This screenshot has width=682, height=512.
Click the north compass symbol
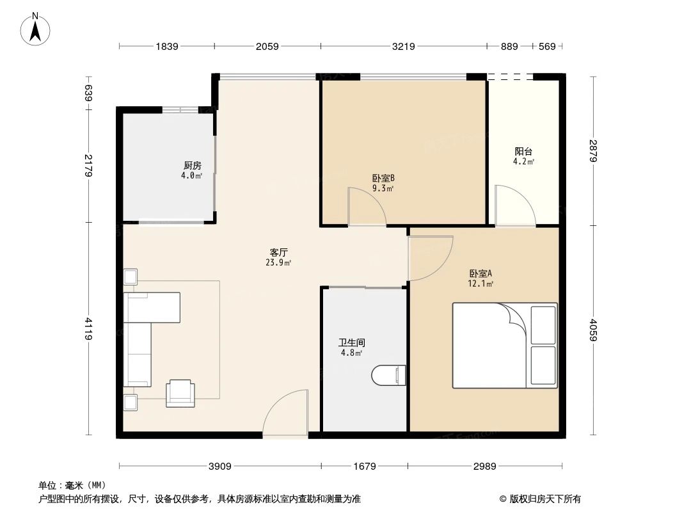click(x=36, y=29)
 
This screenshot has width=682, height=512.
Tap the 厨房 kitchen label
click(x=192, y=165)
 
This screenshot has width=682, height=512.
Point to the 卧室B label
click(x=383, y=179)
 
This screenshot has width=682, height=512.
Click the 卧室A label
click(x=480, y=273)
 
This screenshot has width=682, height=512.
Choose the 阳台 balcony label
click(x=523, y=152)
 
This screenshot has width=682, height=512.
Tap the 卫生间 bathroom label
click(x=352, y=342)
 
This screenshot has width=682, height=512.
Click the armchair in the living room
click(x=180, y=392)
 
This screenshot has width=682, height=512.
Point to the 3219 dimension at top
click(x=404, y=46)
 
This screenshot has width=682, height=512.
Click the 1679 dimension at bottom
click(x=365, y=466)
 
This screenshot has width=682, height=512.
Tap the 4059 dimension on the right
click(x=594, y=330)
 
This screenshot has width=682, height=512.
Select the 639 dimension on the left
click(x=89, y=93)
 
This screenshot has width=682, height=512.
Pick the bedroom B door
click(x=366, y=207)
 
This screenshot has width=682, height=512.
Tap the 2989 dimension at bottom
click(x=485, y=466)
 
